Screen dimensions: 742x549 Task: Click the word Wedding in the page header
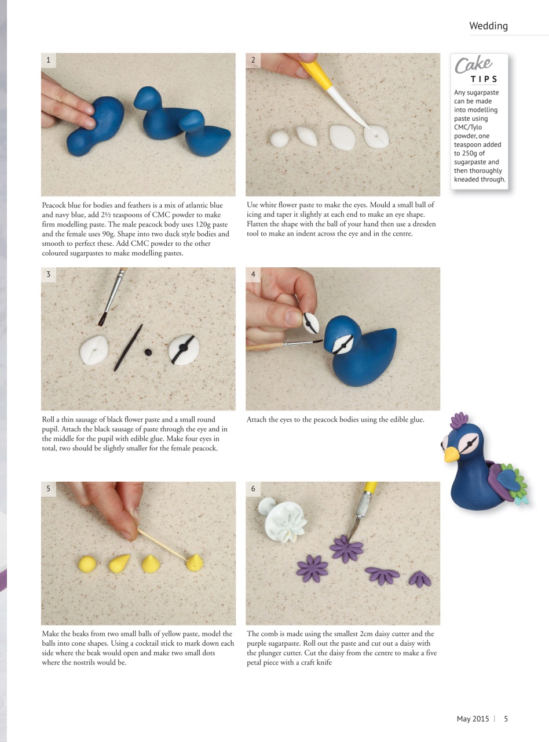[x=488, y=26]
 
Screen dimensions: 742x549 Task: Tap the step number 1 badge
[x=48, y=60]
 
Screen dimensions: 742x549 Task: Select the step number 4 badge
[x=253, y=274]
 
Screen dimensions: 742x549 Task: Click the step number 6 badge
[x=253, y=489]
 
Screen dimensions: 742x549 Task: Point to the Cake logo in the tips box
[x=473, y=65]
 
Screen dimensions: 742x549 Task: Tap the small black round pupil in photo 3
[x=148, y=352]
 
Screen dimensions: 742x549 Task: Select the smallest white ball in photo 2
[x=280, y=139]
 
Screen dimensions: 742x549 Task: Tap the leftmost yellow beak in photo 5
[x=86, y=563]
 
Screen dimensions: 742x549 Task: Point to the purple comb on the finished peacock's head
[x=459, y=419]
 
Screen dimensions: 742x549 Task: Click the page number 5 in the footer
[x=506, y=719]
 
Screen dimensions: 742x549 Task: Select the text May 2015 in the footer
[x=473, y=719]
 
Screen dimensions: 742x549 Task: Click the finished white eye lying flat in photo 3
[x=184, y=350]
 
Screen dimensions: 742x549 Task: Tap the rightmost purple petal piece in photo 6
[x=419, y=579]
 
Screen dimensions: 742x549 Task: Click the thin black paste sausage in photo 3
[x=128, y=348]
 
